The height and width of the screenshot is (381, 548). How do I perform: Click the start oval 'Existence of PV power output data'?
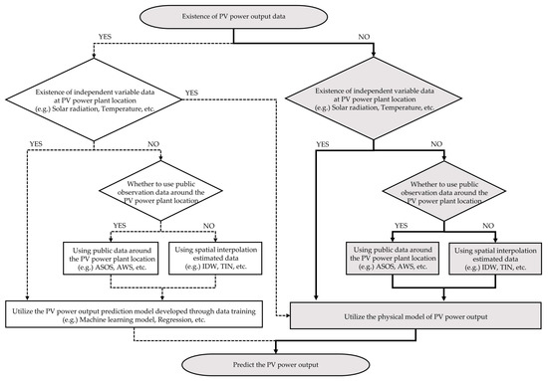pyautogui.click(x=274, y=15)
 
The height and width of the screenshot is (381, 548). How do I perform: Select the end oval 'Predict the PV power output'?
pyautogui.click(x=274, y=365)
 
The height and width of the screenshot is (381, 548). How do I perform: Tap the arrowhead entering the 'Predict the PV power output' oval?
pyautogui.click(x=274, y=351)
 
